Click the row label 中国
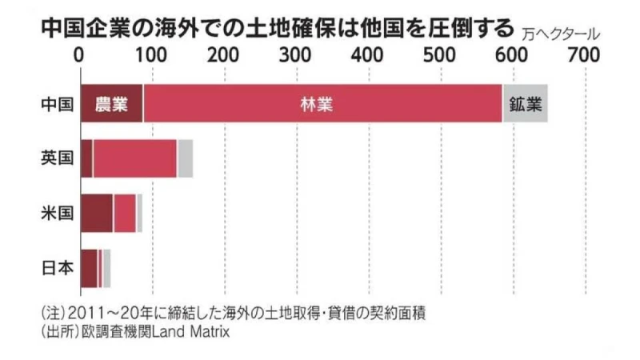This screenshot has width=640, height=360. tap(57, 104)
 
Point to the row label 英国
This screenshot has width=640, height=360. tap(57, 158)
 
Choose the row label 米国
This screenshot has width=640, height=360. tap(57, 213)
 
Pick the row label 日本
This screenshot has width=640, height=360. tap(57, 268)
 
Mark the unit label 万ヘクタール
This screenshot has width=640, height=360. tap(559, 34)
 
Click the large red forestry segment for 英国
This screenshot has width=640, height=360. tap(134, 158)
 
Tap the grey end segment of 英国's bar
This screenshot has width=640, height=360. tap(186, 158)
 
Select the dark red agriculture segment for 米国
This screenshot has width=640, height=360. tap(96, 213)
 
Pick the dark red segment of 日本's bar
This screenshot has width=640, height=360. tap(88, 268)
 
